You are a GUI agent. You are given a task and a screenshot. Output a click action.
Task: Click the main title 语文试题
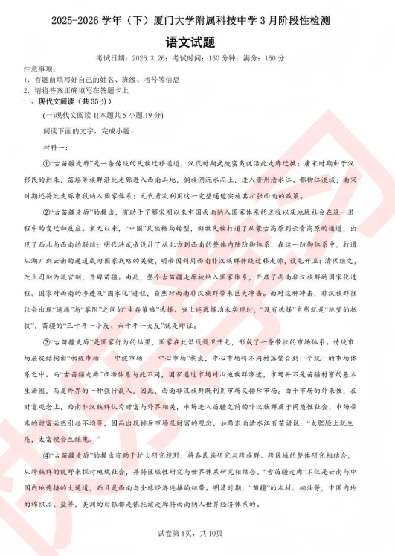click(x=197, y=41)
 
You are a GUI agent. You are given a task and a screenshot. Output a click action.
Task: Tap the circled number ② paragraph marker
click(x=46, y=212)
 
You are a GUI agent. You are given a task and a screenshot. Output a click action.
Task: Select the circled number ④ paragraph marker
click(x=46, y=455)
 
